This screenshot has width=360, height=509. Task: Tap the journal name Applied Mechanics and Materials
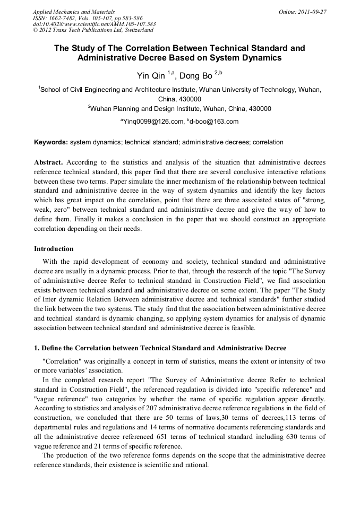pos(73,11)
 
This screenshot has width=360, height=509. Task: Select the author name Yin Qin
pos(151,76)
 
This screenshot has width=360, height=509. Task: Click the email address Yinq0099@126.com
pos(153,122)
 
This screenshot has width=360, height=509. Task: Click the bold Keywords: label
pos(50,142)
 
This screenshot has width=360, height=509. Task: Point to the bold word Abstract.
pos(49,161)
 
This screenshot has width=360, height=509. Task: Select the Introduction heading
pos(54,248)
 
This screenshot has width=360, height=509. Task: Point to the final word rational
pos(194,464)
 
